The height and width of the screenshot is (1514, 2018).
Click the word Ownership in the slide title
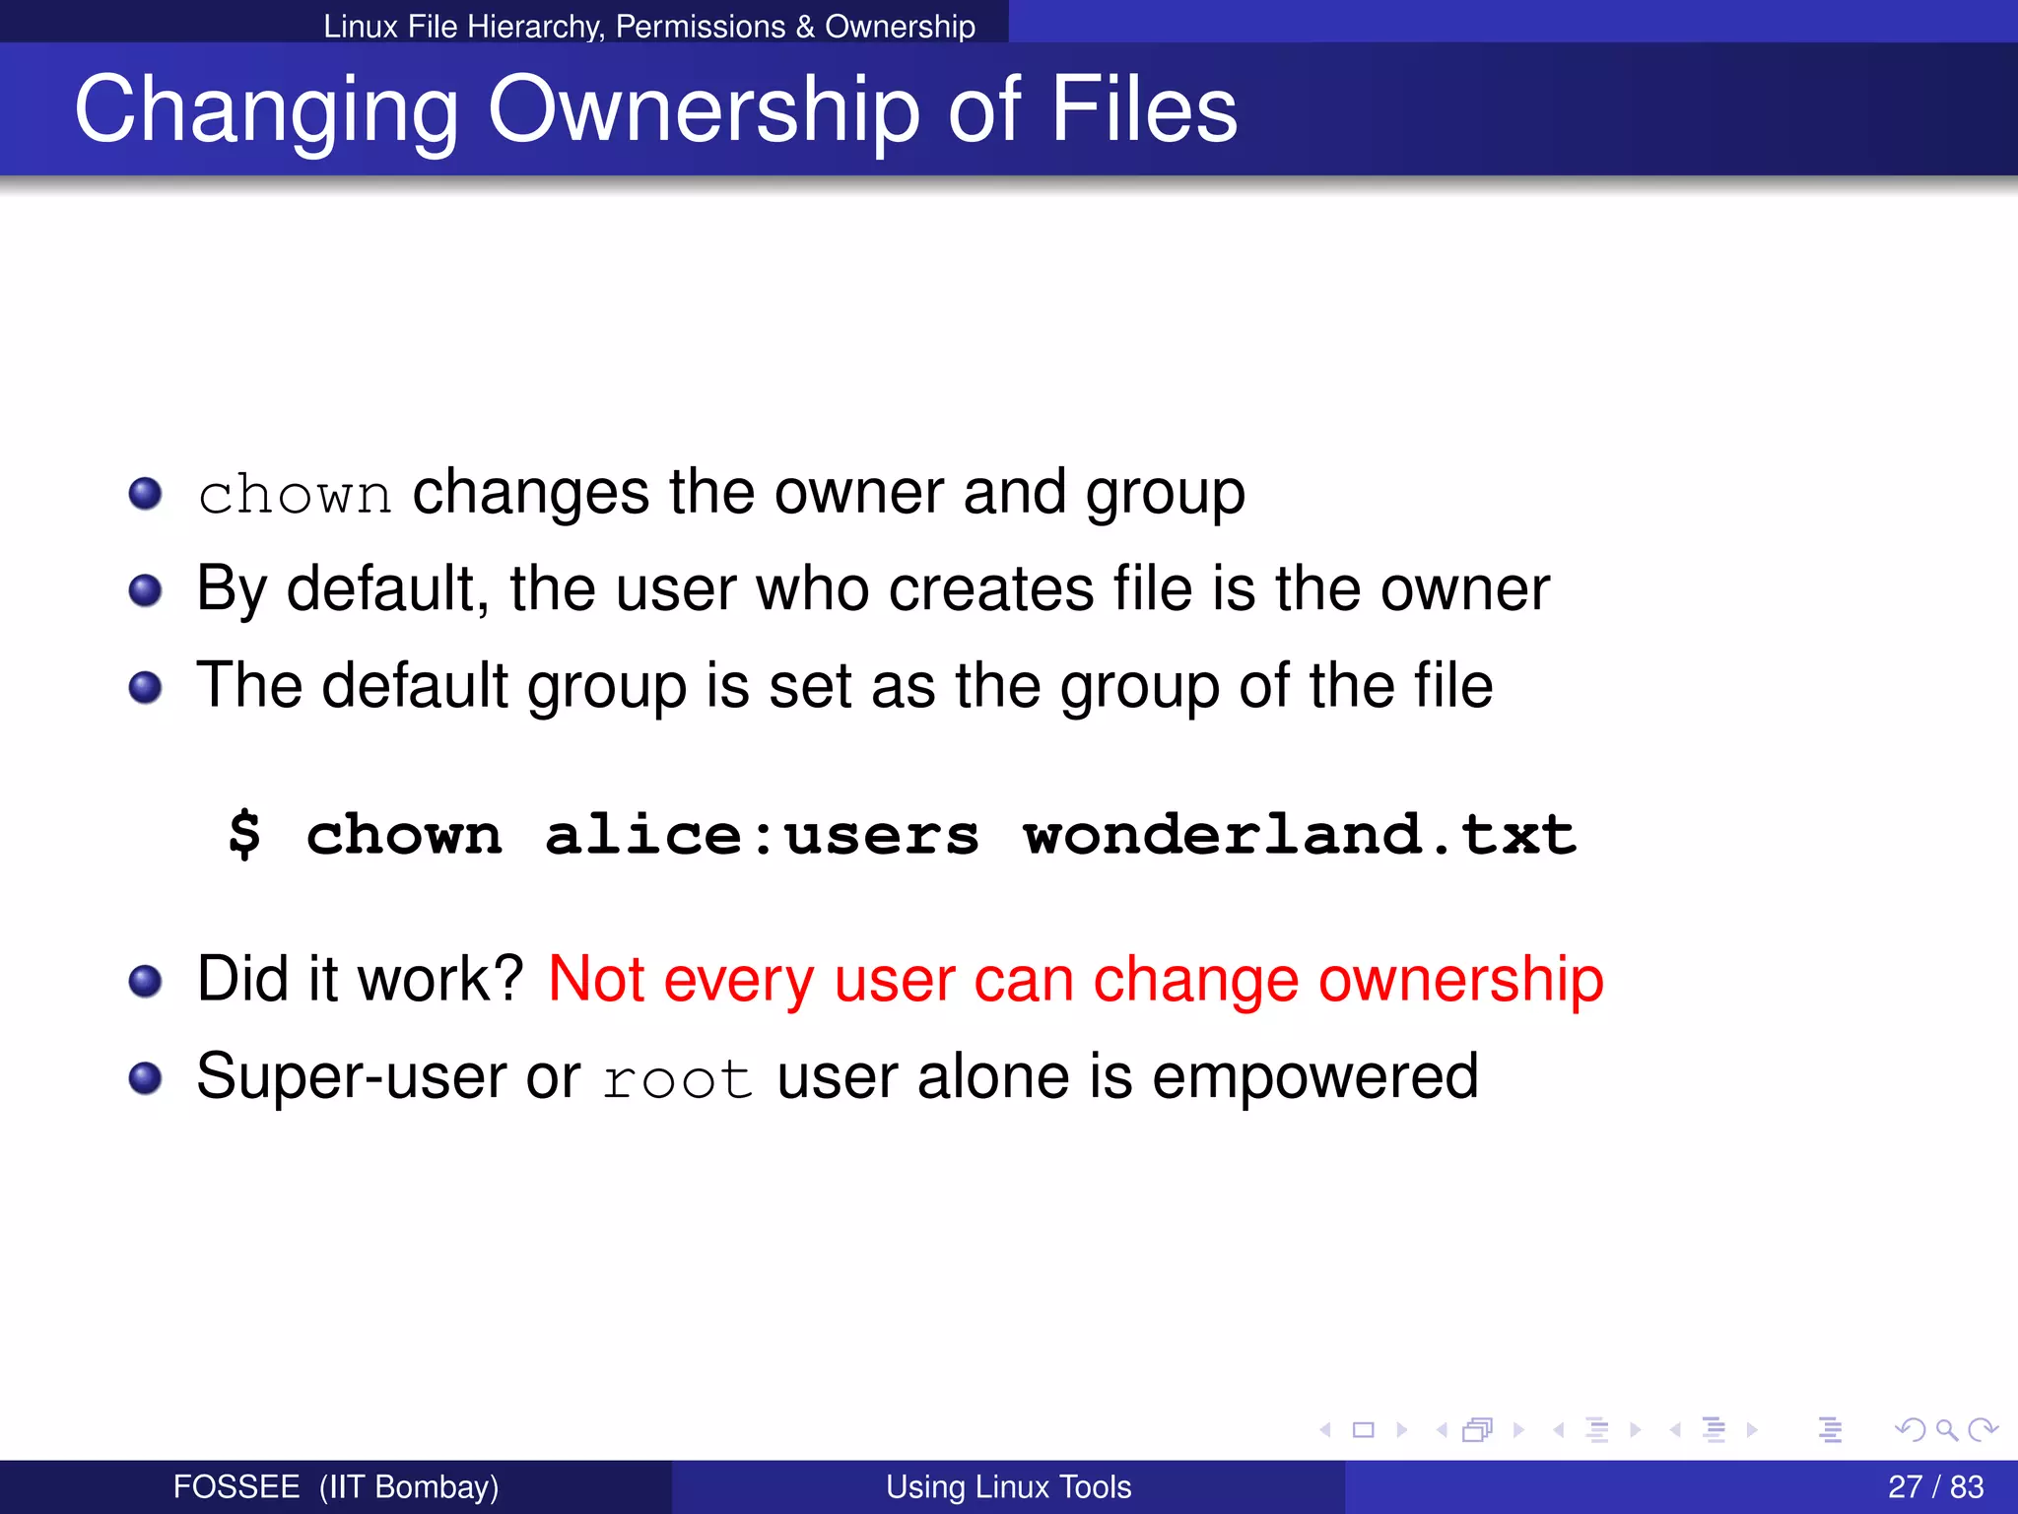coord(704,110)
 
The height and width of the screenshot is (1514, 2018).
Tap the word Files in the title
coord(1143,110)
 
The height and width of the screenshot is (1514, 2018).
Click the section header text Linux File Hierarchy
coord(463,27)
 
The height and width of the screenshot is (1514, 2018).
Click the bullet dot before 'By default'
coord(145,590)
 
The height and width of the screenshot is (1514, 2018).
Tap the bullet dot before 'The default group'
coord(145,687)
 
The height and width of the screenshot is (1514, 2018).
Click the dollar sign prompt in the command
coord(244,835)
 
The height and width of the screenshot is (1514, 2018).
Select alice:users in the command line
coord(762,835)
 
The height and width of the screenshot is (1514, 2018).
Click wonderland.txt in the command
coord(1299,835)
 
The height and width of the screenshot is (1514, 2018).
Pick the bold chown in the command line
coord(404,835)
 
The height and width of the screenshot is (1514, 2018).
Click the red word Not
coord(595,979)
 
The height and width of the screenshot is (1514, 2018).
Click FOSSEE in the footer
coord(236,1486)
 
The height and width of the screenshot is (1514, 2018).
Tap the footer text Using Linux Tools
coord(1008,1486)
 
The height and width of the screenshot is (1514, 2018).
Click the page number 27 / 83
coord(1935,1486)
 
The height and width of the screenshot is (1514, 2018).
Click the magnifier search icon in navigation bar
coord(1946,1429)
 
